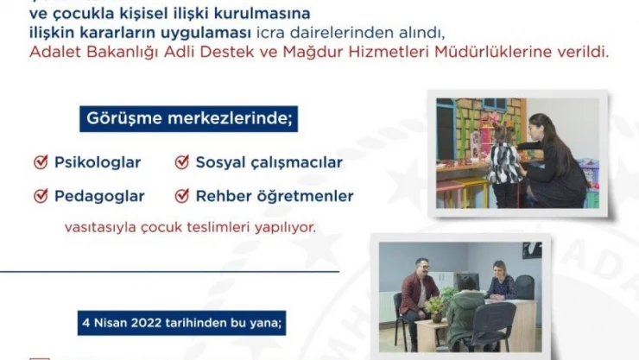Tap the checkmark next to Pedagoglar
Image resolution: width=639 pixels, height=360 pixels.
40,196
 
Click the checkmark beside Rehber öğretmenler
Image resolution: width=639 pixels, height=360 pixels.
181,196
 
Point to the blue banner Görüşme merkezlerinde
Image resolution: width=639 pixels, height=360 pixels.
188,118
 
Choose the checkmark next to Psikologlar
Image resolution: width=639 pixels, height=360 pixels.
40,162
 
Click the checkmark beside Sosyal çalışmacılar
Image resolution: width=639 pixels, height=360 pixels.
181,162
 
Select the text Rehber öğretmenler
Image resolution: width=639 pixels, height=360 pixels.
275,196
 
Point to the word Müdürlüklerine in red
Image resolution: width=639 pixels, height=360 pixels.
552,53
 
